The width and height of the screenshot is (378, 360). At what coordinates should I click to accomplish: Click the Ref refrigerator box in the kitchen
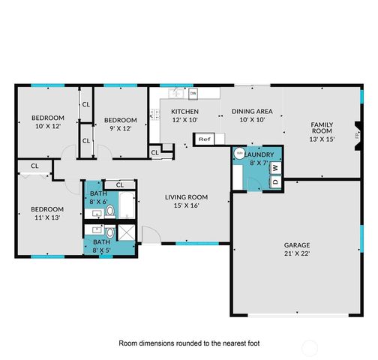(204, 139)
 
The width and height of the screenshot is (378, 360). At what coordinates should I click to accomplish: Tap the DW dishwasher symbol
(193, 94)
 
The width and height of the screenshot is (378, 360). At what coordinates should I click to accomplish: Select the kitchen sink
(175, 94)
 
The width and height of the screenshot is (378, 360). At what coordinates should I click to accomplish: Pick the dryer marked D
(274, 181)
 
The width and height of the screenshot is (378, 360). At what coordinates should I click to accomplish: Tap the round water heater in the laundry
(240, 153)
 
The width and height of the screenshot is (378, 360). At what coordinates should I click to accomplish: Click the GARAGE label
(296, 244)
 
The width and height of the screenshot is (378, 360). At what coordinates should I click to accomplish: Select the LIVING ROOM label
(187, 197)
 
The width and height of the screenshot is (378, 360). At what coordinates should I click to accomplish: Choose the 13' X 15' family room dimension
(323, 139)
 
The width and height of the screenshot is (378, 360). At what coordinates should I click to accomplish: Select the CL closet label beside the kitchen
(155, 153)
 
